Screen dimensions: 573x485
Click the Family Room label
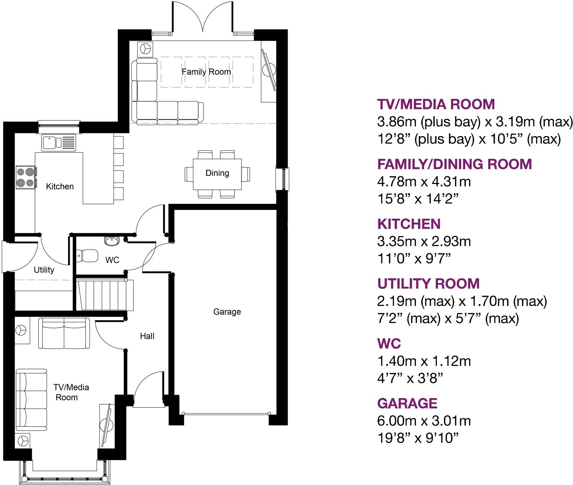click(x=206, y=72)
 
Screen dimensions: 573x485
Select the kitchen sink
click(x=59, y=143)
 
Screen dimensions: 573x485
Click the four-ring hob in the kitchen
click(x=26, y=177)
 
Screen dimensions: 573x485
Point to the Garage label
click(x=227, y=312)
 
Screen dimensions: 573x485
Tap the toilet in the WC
click(x=87, y=255)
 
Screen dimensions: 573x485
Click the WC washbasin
click(x=112, y=241)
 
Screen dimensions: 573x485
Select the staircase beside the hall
click(x=105, y=295)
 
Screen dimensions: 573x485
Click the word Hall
click(x=147, y=336)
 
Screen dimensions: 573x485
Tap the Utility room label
click(x=44, y=270)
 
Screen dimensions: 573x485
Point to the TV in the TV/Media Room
click(x=106, y=425)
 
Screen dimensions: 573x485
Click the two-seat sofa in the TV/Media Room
click(x=64, y=333)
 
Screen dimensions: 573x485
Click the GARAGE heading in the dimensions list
click(x=407, y=403)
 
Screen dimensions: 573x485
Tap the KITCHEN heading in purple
click(x=409, y=224)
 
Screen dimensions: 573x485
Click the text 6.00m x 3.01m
click(x=424, y=421)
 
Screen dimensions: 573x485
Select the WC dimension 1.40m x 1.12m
click(x=424, y=361)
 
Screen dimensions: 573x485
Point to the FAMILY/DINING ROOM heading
click(x=455, y=164)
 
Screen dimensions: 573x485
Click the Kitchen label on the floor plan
click(x=60, y=186)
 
